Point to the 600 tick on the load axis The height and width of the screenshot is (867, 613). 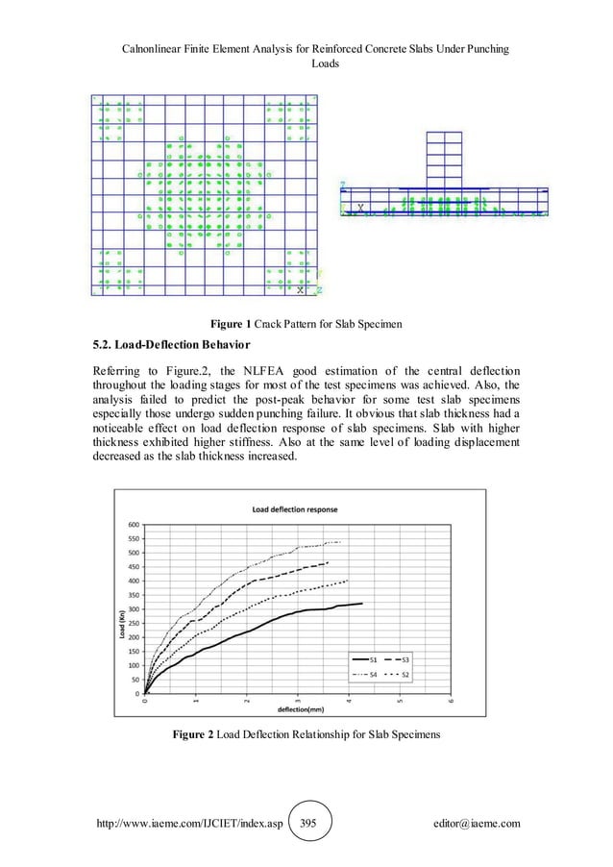133,524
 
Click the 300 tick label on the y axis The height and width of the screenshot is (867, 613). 133,608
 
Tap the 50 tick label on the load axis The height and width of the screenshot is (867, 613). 135,680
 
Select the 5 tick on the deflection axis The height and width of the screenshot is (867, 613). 399,703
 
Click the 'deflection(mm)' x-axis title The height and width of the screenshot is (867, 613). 302,709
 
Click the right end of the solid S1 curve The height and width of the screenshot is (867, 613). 362,604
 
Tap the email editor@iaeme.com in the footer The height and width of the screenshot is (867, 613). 481,824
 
